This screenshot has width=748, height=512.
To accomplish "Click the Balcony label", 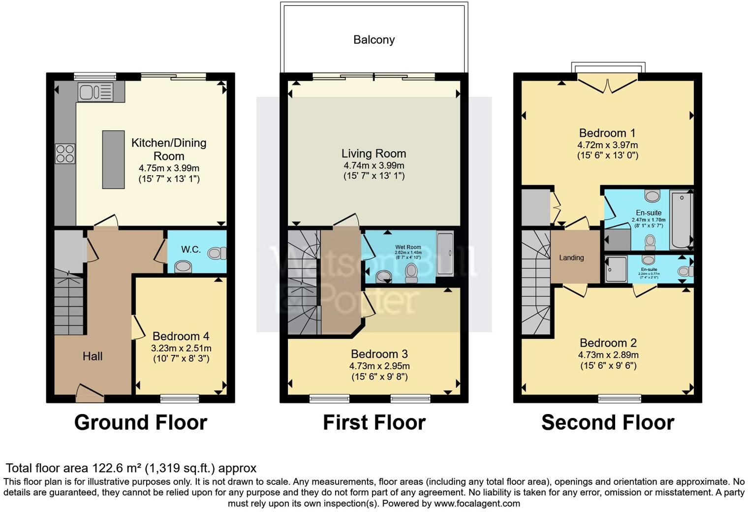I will (374, 40).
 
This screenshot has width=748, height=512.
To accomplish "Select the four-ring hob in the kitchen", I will (65, 153).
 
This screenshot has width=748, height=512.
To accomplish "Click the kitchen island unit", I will (113, 160).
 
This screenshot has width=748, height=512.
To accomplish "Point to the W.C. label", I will (191, 250).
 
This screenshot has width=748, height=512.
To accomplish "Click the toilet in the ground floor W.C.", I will (216, 254).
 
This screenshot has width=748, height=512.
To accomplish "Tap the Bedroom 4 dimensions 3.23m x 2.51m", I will (181, 348).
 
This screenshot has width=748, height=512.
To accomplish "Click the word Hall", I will (93, 356).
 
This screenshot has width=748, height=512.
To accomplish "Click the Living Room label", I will (374, 154).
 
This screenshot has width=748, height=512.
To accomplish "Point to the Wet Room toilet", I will (411, 272).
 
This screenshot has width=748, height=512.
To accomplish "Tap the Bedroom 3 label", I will (379, 354).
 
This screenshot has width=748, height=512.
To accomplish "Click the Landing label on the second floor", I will (571, 257).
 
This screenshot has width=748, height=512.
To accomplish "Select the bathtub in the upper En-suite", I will (682, 220).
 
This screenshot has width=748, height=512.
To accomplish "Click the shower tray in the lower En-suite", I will (616, 269).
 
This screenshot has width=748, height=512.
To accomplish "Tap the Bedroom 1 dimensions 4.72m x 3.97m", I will (607, 145).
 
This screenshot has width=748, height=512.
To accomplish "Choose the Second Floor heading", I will (608, 422).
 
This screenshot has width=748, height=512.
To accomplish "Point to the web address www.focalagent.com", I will (476, 504).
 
